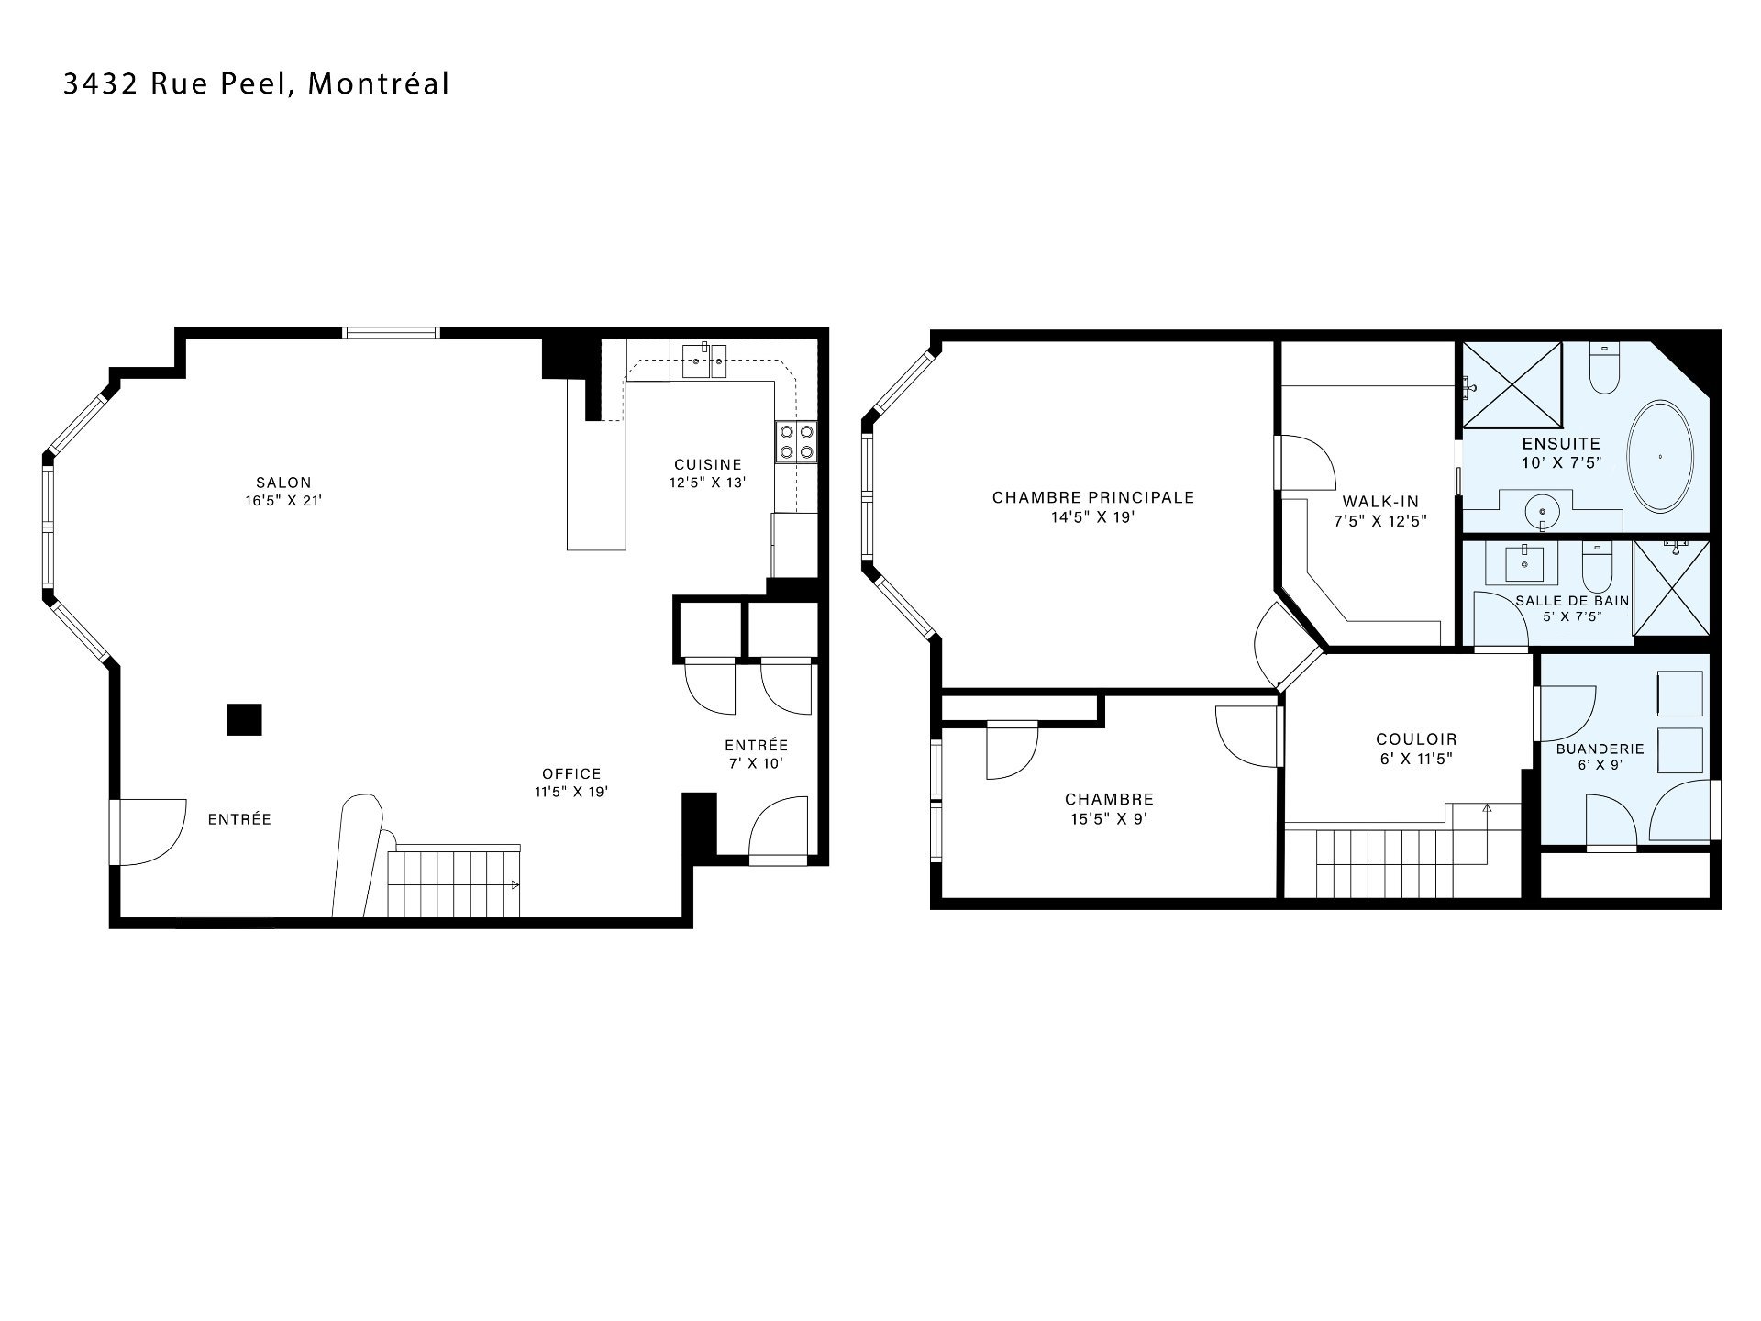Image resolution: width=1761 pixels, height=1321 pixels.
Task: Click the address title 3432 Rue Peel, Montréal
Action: [x=256, y=83]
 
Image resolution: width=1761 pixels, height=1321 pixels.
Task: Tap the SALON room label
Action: [x=283, y=483]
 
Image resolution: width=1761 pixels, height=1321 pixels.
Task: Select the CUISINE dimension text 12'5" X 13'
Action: [x=707, y=482]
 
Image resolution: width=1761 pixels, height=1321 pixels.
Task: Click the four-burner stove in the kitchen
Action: [x=796, y=441]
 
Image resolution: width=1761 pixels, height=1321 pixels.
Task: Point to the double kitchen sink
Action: [x=705, y=361]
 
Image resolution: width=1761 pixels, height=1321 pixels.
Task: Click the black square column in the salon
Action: [x=244, y=719]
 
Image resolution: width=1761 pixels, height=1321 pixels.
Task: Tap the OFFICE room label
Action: [x=571, y=774]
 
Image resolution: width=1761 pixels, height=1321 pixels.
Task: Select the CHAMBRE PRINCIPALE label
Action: [x=1093, y=497]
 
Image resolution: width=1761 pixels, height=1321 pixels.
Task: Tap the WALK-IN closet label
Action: [x=1380, y=502]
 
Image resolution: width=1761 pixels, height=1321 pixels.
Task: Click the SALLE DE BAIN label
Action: [x=1572, y=601]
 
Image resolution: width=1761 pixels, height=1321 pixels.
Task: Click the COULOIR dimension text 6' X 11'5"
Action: [x=1416, y=759]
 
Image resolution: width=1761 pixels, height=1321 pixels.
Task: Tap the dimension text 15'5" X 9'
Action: [x=1109, y=819]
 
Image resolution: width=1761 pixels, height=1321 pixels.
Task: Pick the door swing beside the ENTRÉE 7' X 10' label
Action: [x=779, y=827]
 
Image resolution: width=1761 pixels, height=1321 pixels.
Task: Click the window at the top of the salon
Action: [x=391, y=333]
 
